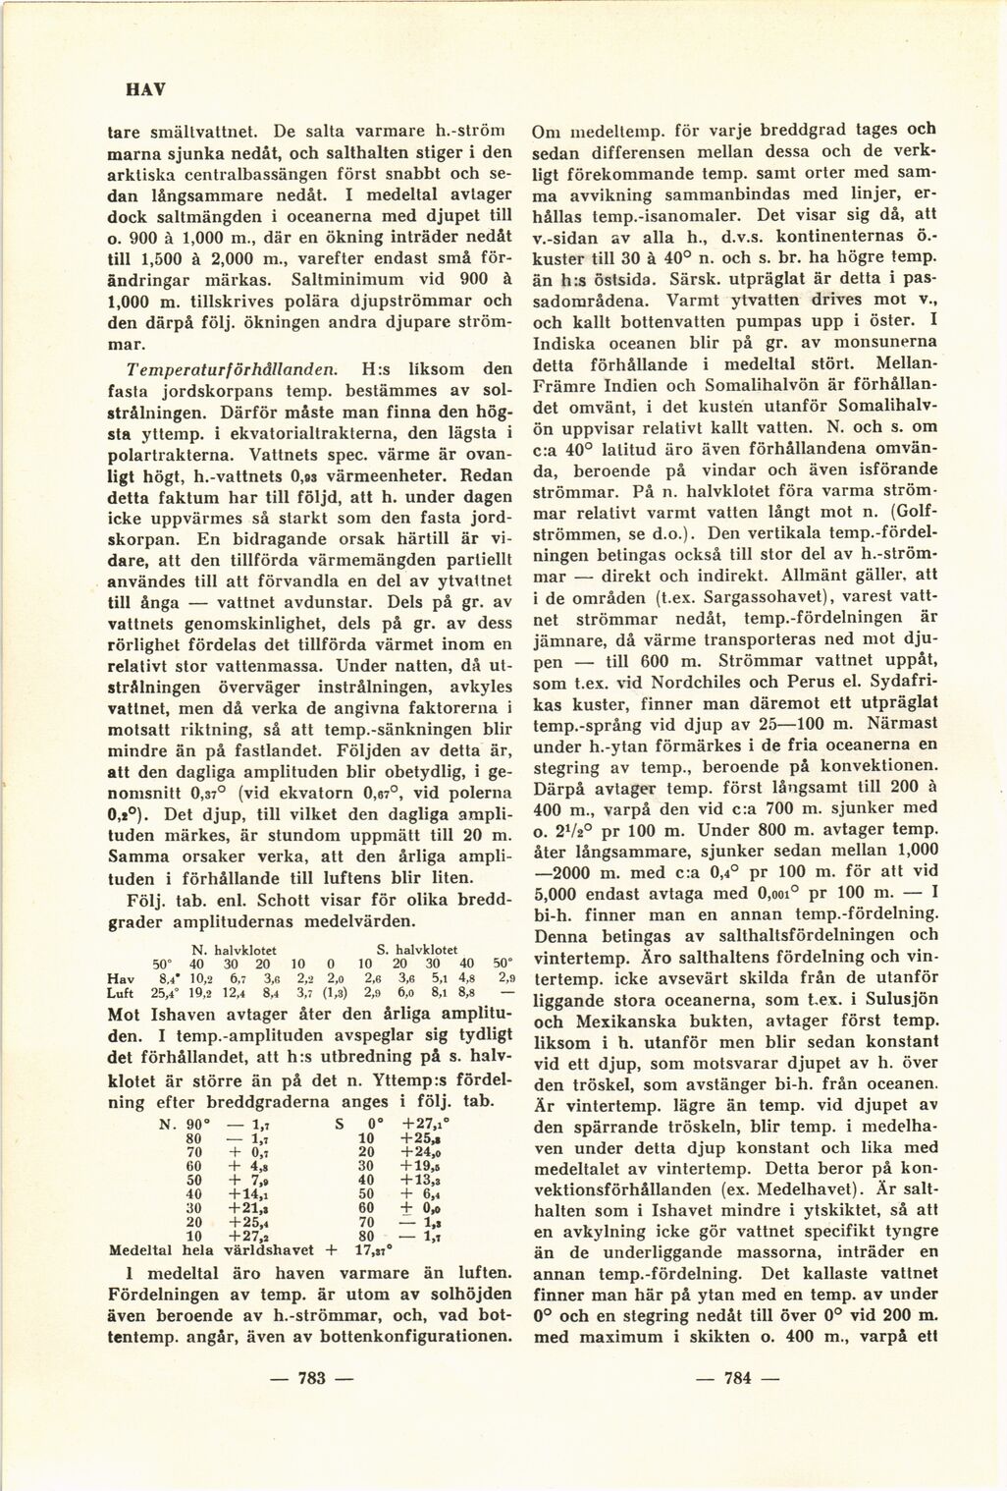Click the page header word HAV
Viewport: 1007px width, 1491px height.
145,88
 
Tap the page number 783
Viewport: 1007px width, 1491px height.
311,1378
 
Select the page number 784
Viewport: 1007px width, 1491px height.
737,1378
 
